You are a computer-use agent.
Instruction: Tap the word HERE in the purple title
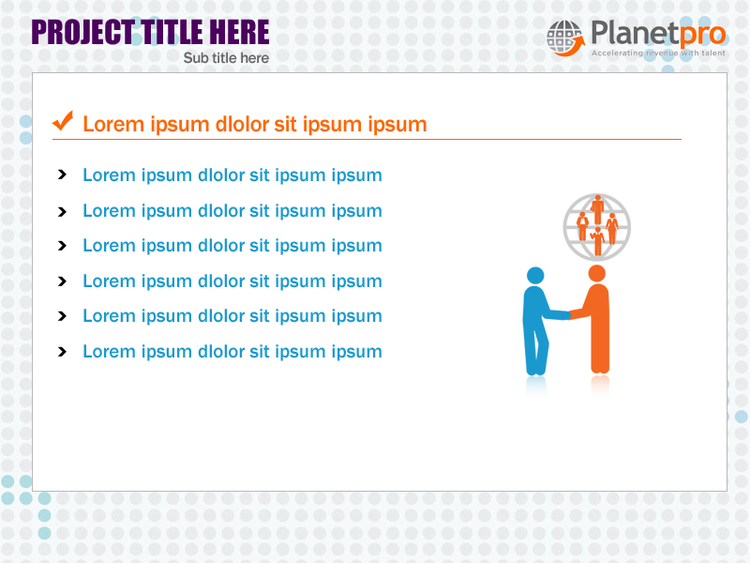pos(238,33)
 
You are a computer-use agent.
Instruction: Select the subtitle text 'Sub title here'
pos(226,58)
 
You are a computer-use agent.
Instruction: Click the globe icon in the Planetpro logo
pos(564,38)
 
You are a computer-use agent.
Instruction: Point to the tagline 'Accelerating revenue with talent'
pos(658,53)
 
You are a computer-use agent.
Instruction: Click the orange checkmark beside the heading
pos(63,121)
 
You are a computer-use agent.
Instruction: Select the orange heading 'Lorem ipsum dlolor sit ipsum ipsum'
pos(254,124)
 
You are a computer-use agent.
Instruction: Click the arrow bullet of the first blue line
pos(62,175)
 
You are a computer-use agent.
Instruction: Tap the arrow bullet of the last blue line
pos(62,352)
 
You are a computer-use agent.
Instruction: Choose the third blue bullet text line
pos(232,246)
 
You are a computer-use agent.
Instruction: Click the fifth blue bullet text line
pos(232,316)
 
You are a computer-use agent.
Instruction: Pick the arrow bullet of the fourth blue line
pos(62,281)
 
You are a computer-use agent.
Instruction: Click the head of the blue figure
pos(535,275)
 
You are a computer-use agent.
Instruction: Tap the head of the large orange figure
pos(596,273)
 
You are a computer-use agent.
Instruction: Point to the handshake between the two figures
pos(567,315)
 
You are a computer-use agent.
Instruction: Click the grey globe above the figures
pos(597,226)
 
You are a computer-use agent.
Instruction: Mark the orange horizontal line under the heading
pos(366,140)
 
